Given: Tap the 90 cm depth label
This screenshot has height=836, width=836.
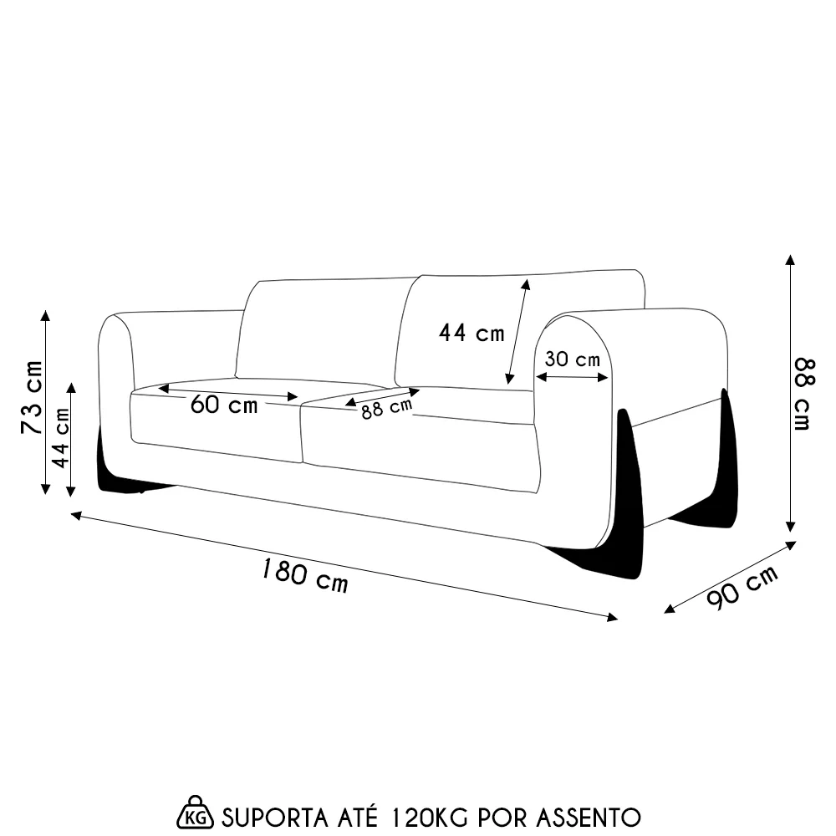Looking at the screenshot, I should click(x=742, y=589).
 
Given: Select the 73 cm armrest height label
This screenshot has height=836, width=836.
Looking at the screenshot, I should click(x=31, y=397).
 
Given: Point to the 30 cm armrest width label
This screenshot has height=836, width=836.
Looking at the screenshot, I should click(x=572, y=359).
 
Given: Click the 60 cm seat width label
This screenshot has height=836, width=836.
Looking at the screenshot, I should click(x=223, y=405).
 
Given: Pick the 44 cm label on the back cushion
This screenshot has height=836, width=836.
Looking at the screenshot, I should click(x=472, y=333).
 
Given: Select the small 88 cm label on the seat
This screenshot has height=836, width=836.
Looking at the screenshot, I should click(x=387, y=410).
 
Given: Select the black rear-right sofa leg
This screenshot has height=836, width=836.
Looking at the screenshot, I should click(x=725, y=468).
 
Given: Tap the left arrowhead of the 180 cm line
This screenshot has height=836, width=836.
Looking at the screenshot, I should click(x=76, y=516).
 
